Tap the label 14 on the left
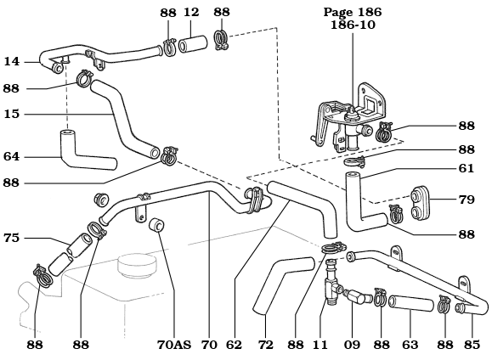[11, 61]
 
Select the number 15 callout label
[11, 114]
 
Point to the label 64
[11, 156]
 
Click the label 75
[11, 239]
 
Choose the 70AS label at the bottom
[173, 345]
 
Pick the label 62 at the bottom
[234, 345]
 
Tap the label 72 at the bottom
[265, 345]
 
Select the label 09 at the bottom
[353, 345]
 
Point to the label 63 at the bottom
[410, 345]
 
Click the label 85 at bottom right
[472, 345]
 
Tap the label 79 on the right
[466, 200]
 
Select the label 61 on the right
[466, 168]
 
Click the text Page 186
[353, 12]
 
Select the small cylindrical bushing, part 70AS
[156, 226]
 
